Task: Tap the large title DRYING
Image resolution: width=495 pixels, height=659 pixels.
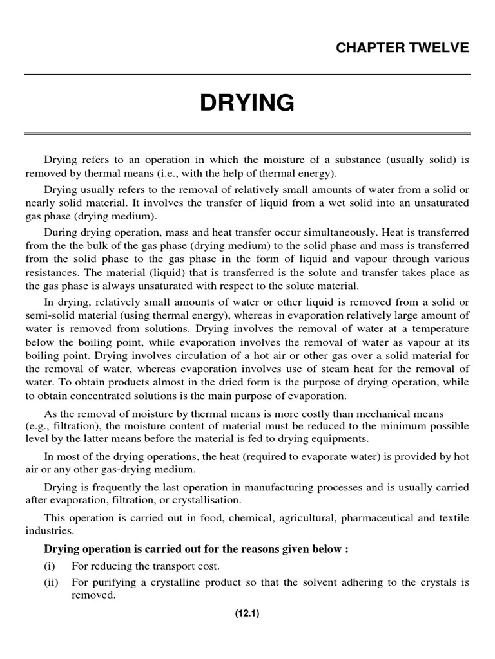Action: pyautogui.click(x=247, y=102)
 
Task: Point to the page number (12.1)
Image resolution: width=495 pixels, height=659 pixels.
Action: pyautogui.click(x=247, y=613)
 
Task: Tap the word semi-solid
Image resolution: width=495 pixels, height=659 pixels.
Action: pyautogui.click(x=49, y=315)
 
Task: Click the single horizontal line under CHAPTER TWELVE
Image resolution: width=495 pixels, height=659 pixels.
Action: pyautogui.click(x=247, y=75)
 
